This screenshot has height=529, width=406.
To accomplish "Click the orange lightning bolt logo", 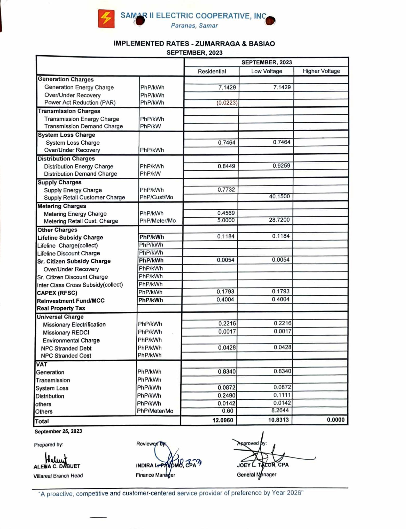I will pos(106,19).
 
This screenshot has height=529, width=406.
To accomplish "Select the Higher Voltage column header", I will pos(321,71).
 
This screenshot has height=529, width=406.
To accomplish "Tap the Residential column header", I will pos(212,71).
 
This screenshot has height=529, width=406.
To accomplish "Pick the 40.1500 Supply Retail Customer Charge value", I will pos(279,196).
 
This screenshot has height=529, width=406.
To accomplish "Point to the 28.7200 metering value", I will pos(279,220).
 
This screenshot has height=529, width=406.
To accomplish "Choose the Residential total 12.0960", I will pos(223,420).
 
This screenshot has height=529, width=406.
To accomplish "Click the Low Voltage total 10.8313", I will pos(278,420).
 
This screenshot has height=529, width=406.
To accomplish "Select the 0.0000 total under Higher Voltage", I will pos(335,420).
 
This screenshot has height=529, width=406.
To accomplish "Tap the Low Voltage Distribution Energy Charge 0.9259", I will pos(281,166).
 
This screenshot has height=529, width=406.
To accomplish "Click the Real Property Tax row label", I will pos(61,308).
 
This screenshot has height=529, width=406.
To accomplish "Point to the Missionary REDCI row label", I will pos(66,332).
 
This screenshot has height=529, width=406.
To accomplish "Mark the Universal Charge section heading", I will pos(60,317).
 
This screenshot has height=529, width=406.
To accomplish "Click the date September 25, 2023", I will pos(58,431).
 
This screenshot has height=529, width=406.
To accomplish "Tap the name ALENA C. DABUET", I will pos(57,466).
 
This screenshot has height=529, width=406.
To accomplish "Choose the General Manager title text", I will pos(256,474).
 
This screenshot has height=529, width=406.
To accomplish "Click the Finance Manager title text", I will pos(155,475).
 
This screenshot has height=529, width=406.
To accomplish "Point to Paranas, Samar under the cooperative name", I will pos(194,26).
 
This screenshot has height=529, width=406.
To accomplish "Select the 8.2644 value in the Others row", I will pos(280,410).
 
